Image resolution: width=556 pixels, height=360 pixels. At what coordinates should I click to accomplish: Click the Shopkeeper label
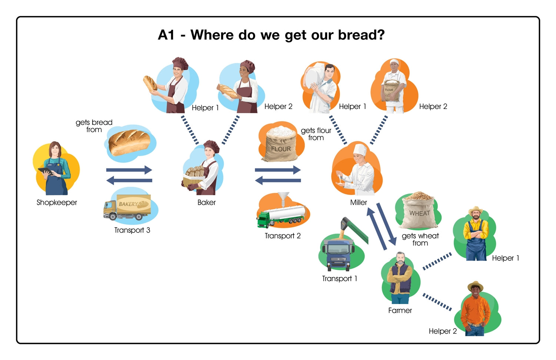tap(57, 202)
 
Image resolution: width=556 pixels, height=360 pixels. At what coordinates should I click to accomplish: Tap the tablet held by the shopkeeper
tap(45, 171)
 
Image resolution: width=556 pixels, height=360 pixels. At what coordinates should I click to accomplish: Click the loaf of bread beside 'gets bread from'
tap(130, 143)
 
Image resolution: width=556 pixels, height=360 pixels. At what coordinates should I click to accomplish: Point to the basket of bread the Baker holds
tap(194, 177)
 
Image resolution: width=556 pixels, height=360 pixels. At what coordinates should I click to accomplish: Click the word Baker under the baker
tap(206, 202)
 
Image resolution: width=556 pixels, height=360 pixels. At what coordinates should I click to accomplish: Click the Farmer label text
tap(400, 310)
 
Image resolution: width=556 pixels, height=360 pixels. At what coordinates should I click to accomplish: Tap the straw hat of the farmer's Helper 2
tap(475, 286)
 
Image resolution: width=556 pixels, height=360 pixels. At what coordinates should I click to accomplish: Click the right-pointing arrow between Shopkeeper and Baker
tap(129, 170)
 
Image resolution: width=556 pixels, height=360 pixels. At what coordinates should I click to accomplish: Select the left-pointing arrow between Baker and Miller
tap(278, 181)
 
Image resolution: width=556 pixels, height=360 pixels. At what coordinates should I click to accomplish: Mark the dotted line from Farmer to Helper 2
tap(437, 302)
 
